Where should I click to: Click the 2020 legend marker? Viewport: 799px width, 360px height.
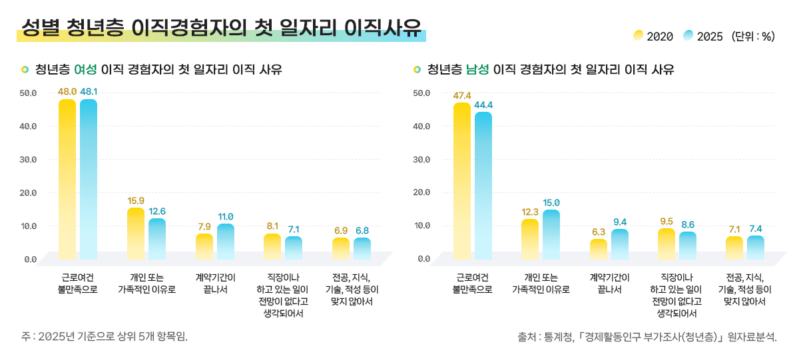pyautogui.click(x=638, y=35)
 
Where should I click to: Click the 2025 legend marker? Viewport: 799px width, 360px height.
pyautogui.click(x=688, y=35)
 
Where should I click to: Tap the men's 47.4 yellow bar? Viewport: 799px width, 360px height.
pyautogui.click(x=462, y=180)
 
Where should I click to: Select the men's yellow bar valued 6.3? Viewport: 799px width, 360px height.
pyautogui.click(x=599, y=248)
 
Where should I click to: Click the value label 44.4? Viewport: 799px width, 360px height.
pyautogui.click(x=483, y=105)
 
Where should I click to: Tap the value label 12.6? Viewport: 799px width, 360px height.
pyautogui.click(x=157, y=212)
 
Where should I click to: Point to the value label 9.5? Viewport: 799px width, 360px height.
pyautogui.click(x=666, y=222)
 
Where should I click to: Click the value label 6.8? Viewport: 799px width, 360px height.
pyautogui.click(x=362, y=231)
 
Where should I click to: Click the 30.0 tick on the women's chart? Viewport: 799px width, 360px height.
pyautogui.click(x=29, y=160)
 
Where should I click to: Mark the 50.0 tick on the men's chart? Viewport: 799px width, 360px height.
pyautogui.click(x=422, y=92)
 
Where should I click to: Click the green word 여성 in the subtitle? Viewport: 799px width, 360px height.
pyautogui.click(x=85, y=69)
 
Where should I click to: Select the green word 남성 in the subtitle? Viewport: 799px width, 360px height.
pyautogui.click(x=477, y=69)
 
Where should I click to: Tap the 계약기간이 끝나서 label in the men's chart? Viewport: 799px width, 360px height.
pyautogui.click(x=610, y=283)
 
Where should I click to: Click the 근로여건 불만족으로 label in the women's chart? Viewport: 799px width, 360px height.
pyautogui.click(x=77, y=283)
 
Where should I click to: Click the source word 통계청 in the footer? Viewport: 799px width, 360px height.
pyautogui.click(x=558, y=337)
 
